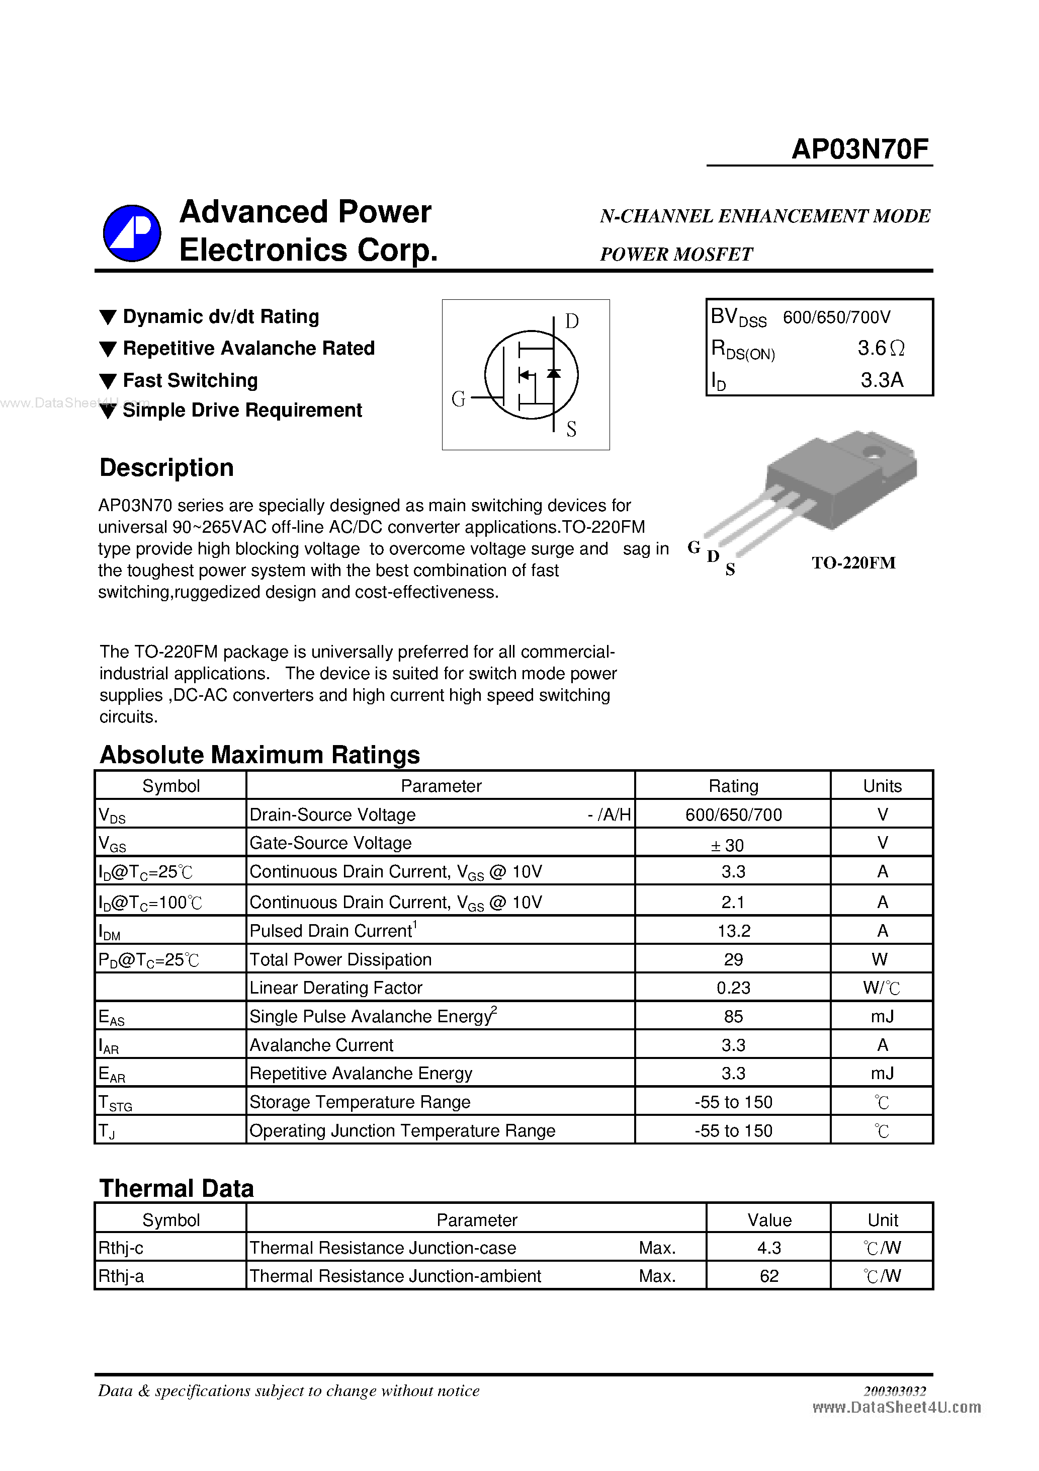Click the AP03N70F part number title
859,149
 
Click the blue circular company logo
132,233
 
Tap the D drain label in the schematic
571,321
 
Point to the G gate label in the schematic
458,399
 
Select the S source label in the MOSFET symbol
571,429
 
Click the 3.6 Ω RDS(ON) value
881,349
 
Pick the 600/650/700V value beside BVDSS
836,317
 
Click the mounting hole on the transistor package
873,452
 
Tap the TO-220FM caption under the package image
853,562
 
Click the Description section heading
166,468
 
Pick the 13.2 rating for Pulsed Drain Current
733,930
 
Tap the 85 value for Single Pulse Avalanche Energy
733,1016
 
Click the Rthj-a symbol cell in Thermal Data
121,1276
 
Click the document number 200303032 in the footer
894,1391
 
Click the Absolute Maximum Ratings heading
259,755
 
